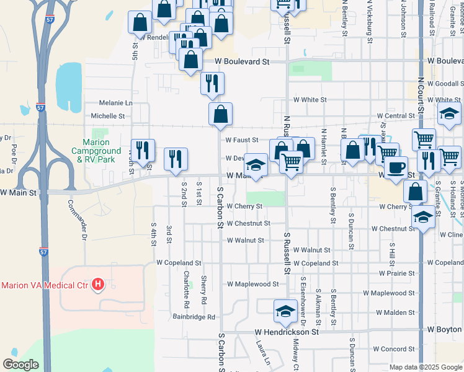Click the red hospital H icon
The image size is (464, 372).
pyautogui.click(x=97, y=285)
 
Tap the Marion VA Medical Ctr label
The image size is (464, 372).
pyautogui.click(x=45, y=285)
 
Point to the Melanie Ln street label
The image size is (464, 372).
pyautogui.click(x=112, y=103)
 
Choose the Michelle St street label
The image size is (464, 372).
pyautogui.click(x=108, y=116)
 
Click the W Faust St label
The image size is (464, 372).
pyautogui.click(x=241, y=141)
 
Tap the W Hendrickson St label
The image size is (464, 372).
pyautogui.click(x=285, y=332)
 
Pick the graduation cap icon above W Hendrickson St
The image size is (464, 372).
pyautogui.click(x=285, y=311)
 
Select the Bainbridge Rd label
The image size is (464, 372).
pyautogui.click(x=194, y=317)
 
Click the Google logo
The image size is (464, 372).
pyautogui.click(x=20, y=364)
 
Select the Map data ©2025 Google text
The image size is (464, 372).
pyautogui.click(x=425, y=367)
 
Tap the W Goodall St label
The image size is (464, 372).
pyautogui.click(x=442, y=84)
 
